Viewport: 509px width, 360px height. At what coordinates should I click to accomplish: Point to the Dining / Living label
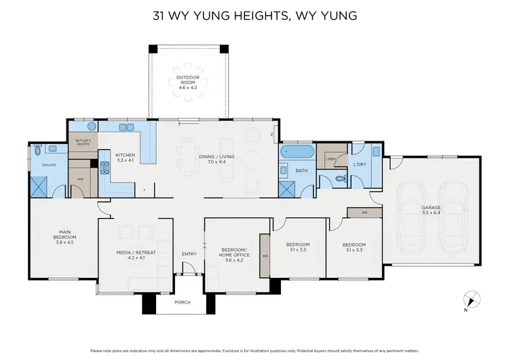(x=216, y=160)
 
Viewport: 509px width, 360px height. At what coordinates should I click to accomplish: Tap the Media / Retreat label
(x=136, y=255)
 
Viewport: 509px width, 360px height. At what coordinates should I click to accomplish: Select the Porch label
(x=182, y=302)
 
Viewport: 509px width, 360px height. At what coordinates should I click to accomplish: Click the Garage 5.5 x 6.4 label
(x=432, y=209)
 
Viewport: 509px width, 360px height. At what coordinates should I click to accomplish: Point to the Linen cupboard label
(x=331, y=160)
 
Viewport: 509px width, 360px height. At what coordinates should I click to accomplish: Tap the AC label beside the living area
(x=272, y=133)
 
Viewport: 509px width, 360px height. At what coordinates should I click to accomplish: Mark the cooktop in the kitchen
(x=105, y=167)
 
